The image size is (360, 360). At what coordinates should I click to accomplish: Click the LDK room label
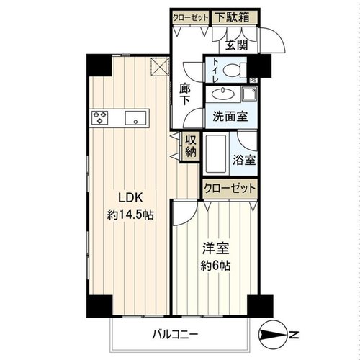tap(131, 198)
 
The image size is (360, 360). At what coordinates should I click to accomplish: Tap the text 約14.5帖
tap(130, 215)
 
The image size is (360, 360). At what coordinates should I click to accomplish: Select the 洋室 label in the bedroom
tap(215, 248)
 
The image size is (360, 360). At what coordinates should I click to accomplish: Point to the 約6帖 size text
tap(215, 266)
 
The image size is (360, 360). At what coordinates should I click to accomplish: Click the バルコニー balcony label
tap(175, 334)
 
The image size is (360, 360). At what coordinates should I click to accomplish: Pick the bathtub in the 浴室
tap(216, 153)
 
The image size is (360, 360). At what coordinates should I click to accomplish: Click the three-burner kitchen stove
tap(100, 117)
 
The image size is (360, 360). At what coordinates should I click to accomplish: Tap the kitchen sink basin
tap(135, 118)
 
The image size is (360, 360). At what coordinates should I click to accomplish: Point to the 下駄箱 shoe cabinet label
tap(232, 17)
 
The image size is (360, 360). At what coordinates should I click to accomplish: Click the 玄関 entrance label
tap(237, 45)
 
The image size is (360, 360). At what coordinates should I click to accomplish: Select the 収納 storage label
tap(191, 146)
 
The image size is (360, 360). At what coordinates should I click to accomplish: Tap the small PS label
tap(253, 81)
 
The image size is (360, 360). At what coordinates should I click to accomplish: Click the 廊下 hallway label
tap(184, 95)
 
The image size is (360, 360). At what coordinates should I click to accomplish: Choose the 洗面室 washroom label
tap(230, 117)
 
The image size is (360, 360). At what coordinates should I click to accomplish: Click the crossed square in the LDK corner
tap(160, 67)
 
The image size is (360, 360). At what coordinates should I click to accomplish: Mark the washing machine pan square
tap(249, 94)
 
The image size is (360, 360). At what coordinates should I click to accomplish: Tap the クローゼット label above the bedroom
tap(230, 188)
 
